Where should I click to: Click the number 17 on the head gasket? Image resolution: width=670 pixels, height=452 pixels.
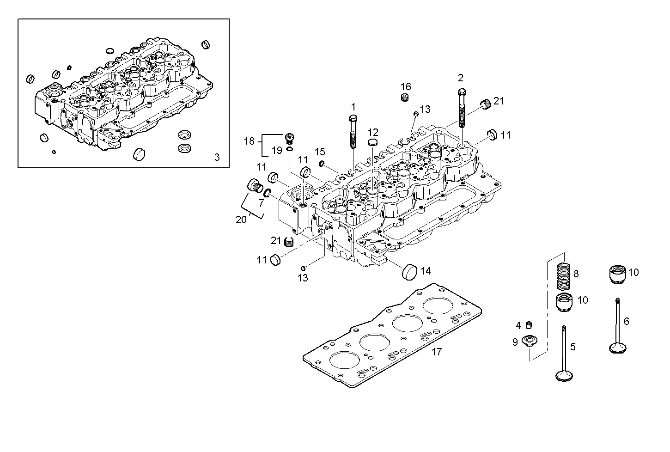pos(436,352)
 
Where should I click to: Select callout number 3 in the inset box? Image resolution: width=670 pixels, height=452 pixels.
pos(217,157)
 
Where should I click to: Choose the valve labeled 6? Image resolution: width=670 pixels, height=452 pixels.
pos(618,326)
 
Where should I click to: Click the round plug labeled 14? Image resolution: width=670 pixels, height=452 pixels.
pos(409,272)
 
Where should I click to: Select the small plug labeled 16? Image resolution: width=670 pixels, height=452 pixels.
pos(405,98)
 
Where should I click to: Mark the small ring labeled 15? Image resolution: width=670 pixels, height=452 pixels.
pos(322,163)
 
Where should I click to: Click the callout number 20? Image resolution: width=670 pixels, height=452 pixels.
pos(241,220)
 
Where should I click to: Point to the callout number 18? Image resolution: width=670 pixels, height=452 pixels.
pos(249,141)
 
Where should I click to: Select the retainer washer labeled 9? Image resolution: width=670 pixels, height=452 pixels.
pos(528,341)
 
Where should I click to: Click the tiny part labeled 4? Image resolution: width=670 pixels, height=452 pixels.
pos(529,324)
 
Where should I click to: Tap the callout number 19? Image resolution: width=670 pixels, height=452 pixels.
pos(276,150)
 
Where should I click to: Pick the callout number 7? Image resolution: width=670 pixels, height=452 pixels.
pos(261,202)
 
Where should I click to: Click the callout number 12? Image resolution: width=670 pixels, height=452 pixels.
pos(373,132)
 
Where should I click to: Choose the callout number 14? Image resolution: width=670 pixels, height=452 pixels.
pos(425,271)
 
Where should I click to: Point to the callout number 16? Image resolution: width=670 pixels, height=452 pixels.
pos(405,86)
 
